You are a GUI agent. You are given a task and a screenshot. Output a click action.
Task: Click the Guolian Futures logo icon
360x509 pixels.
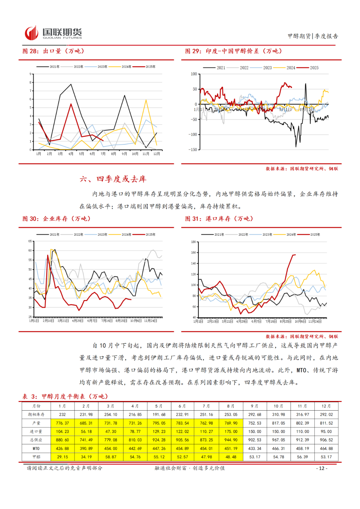(x=31, y=33)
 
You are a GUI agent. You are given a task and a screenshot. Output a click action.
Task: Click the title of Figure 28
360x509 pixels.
(x=53, y=51)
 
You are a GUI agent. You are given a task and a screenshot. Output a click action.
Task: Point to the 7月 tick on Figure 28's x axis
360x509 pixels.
(x=103, y=154)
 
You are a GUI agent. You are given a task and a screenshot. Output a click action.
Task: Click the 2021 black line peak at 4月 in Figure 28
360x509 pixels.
(x=71, y=84)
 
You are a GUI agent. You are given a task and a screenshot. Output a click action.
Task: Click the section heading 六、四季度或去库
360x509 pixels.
(x=113, y=179)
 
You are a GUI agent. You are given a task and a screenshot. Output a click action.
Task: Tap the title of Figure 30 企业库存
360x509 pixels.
(x=56, y=219)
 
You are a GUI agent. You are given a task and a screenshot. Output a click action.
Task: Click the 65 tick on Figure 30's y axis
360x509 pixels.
(x=30, y=241)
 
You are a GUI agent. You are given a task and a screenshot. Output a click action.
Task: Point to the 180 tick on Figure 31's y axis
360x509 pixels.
(x=193, y=242)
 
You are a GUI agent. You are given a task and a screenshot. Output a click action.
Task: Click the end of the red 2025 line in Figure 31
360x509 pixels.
(x=295, y=255)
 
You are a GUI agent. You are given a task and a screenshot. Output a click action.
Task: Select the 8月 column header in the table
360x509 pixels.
(x=231, y=406)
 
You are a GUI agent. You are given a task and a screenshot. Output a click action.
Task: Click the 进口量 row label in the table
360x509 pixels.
(x=36, y=431)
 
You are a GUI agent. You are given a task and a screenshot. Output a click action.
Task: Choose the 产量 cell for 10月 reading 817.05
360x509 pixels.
(x=278, y=423)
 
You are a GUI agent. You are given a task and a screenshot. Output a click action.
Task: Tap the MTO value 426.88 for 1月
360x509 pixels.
(x=62, y=448)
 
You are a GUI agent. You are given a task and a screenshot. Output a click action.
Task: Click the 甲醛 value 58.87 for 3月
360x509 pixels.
(x=111, y=457)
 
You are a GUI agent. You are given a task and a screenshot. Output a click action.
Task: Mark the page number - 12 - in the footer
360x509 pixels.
(x=322, y=468)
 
